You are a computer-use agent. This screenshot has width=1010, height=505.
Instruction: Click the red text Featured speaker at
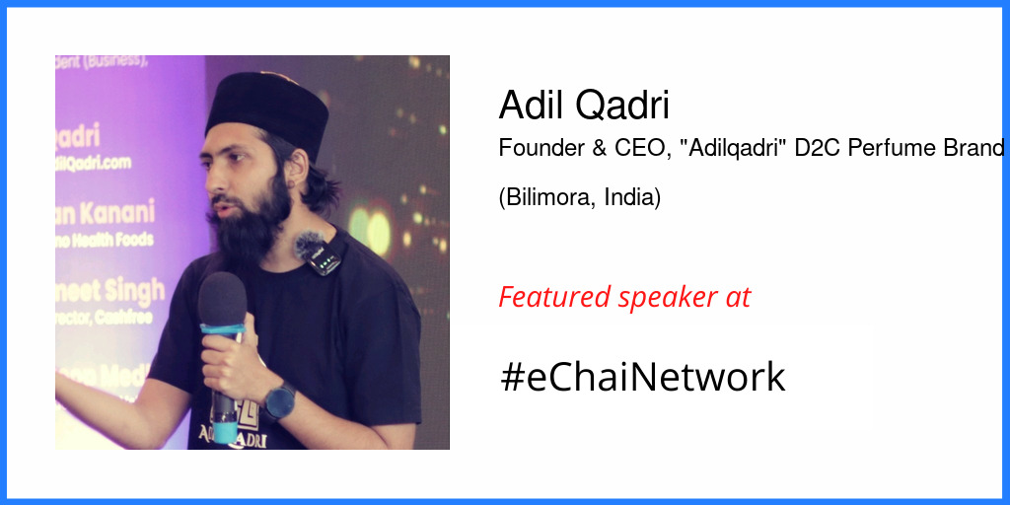624,297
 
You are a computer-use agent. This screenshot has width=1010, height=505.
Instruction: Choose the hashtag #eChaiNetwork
642,377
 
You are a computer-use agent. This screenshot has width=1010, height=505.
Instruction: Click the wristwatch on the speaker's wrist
280,399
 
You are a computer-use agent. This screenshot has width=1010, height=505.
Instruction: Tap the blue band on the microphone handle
222,331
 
